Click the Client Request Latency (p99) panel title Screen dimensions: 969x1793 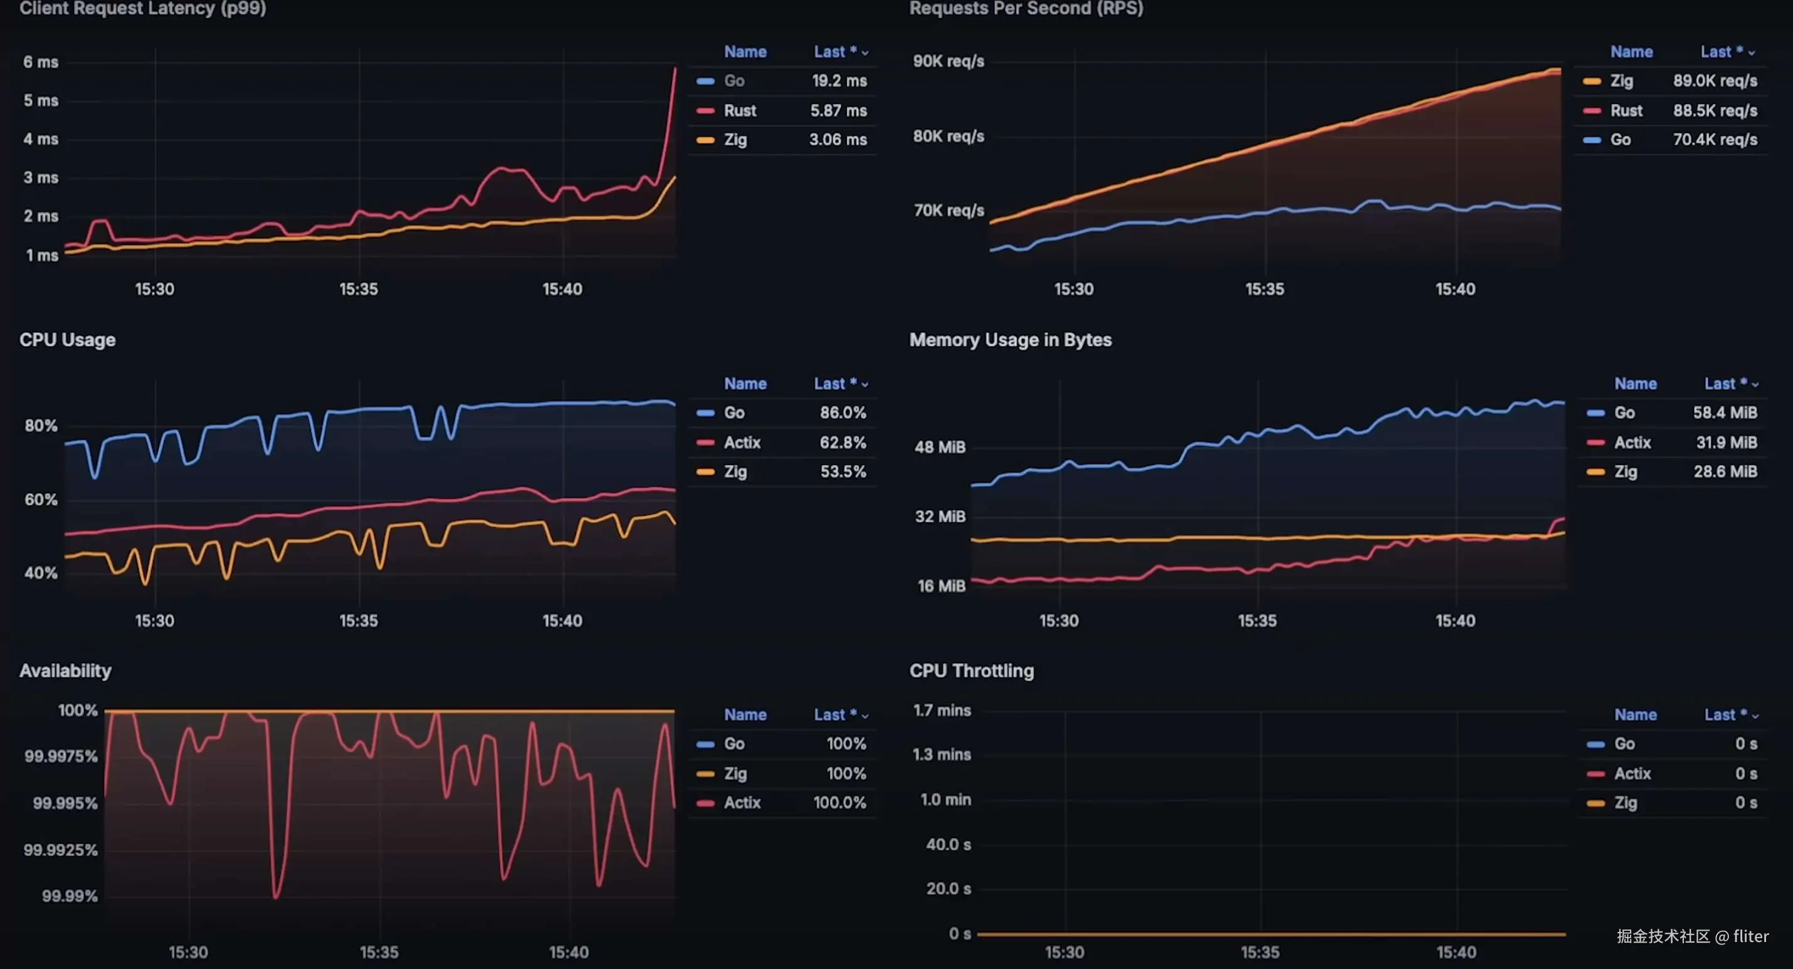point(143,8)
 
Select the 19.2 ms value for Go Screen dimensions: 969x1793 point(839,81)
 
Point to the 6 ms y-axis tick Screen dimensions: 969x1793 point(41,62)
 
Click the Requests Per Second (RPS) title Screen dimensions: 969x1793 point(1026,8)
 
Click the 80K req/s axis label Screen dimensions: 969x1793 point(948,136)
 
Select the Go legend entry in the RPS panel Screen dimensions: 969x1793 point(1620,140)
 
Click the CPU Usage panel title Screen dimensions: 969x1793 point(68,340)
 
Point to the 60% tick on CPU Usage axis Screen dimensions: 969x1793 point(41,500)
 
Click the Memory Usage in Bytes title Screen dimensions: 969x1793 point(1010,340)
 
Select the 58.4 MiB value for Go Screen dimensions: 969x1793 point(1724,413)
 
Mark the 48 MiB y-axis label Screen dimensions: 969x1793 point(940,447)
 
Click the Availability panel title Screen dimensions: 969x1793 point(65,671)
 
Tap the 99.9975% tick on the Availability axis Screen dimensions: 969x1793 point(61,756)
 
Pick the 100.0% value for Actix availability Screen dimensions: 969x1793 point(839,803)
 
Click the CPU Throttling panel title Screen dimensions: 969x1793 point(971,671)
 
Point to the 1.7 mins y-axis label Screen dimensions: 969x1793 point(941,711)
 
